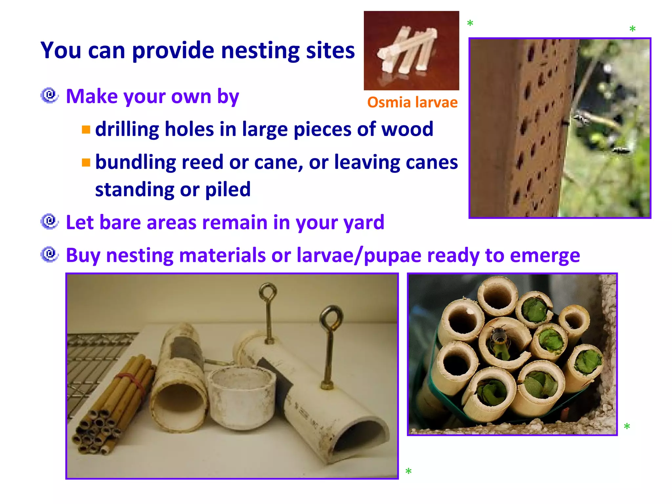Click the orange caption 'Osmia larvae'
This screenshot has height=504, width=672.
pyautogui.click(x=412, y=102)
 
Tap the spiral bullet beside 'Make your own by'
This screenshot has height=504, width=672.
pyautogui.click(x=50, y=95)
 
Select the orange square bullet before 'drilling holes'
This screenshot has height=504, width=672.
pyautogui.click(x=86, y=130)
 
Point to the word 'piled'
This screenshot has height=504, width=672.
pyautogui.click(x=228, y=189)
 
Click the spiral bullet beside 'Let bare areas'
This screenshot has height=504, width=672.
pyautogui.click(x=50, y=221)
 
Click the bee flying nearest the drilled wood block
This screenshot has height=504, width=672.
pyautogui.click(x=581, y=119)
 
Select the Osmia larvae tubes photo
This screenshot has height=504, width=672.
pyautogui.click(x=411, y=51)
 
